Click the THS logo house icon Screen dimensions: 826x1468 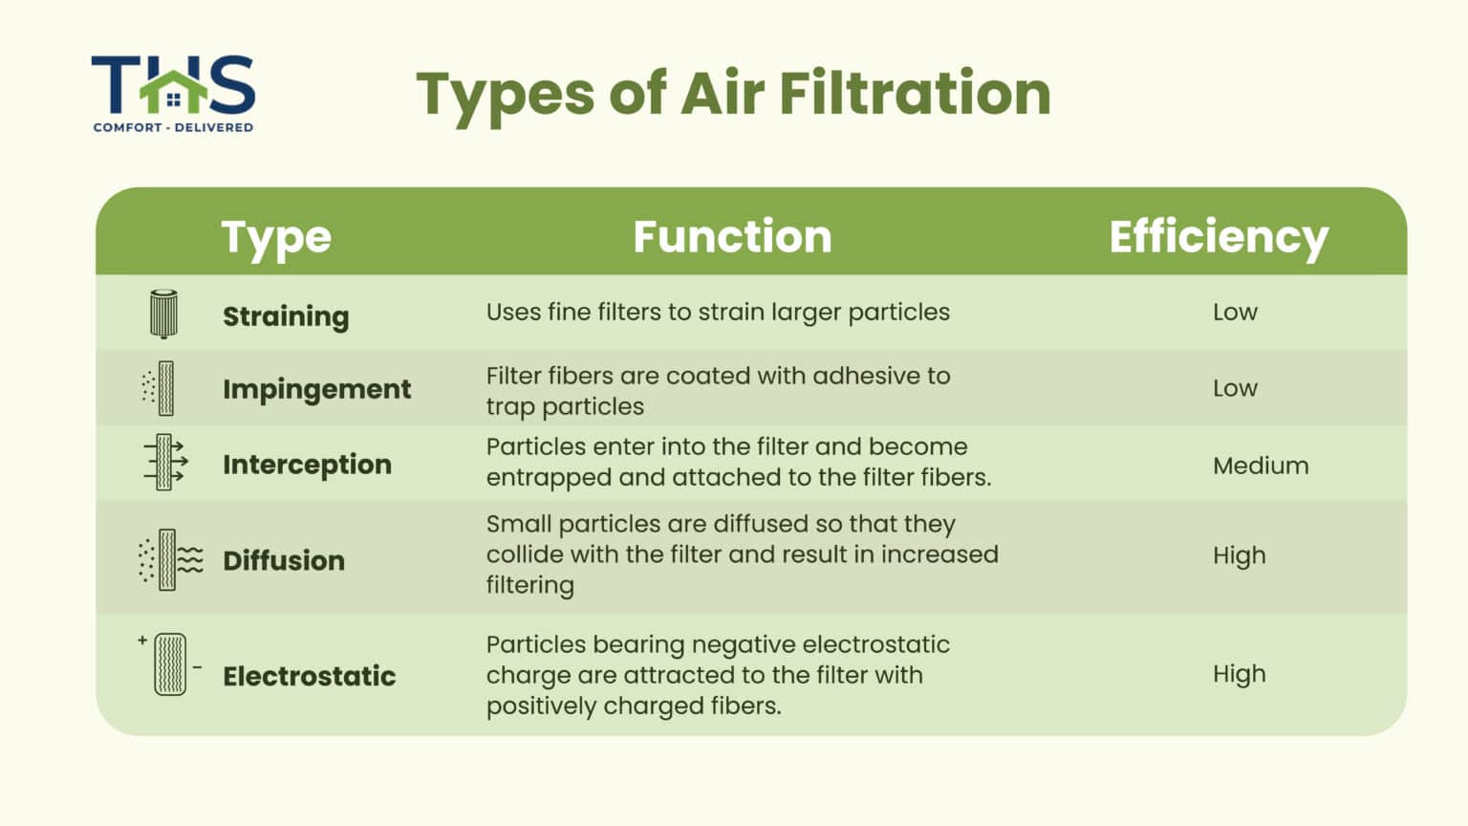tap(173, 90)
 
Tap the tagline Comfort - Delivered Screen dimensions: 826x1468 tap(173, 127)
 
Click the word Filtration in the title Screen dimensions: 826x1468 tap(915, 94)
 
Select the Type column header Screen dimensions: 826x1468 tap(276, 237)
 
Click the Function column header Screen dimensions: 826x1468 tap(732, 237)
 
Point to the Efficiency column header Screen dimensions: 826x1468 tap(1219, 237)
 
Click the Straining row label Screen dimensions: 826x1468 tap(286, 316)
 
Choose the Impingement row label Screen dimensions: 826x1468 tap(316, 389)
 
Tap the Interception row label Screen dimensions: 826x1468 tap(307, 465)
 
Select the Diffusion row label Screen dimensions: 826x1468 tap(284, 560)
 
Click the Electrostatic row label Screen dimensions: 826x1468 tap(309, 676)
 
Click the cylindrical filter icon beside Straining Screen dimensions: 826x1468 tap(163, 314)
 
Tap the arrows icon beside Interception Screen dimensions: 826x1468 tap(165, 463)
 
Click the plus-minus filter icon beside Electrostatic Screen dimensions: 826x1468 tap(169, 663)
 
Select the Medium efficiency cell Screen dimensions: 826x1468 tap(1261, 466)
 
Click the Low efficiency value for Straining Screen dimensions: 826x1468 tap(1235, 313)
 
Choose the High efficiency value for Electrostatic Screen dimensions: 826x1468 tap(1239, 674)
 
